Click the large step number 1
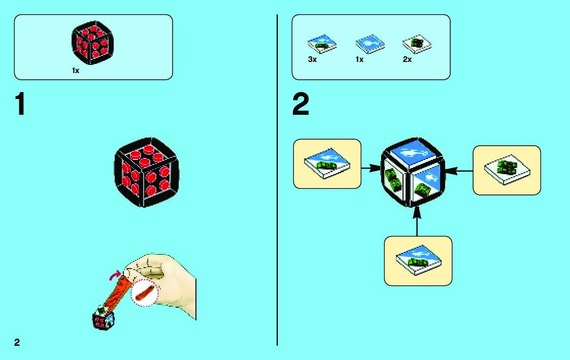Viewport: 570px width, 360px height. coord(20,105)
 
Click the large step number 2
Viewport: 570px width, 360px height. coord(300,105)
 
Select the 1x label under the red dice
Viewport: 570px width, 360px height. coord(76,71)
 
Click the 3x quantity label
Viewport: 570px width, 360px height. coord(313,59)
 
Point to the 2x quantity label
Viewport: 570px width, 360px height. coord(407,59)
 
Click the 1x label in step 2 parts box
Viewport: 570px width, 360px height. coord(360,59)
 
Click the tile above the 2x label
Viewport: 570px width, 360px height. coord(417,45)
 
